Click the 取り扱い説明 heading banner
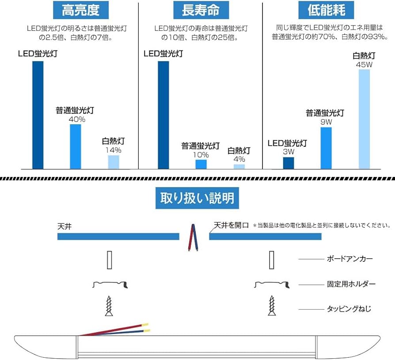pyautogui.click(x=197, y=198)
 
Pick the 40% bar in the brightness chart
pyautogui.click(x=76, y=146)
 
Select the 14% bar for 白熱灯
pyautogui.click(x=114, y=162)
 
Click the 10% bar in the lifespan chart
pyautogui.click(x=201, y=164)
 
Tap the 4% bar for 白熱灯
pyautogui.click(x=239, y=166)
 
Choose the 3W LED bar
pyautogui.click(x=289, y=163)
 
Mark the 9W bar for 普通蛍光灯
pyautogui.click(x=326, y=148)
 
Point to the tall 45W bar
pyautogui.click(x=364, y=119)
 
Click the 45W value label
pyautogui.click(x=364, y=65)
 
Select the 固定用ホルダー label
pyautogui.click(x=351, y=284)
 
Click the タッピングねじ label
pyautogui.click(x=349, y=309)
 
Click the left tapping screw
pyautogui.click(x=109, y=306)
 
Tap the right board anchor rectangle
pyautogui.click(x=272, y=259)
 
